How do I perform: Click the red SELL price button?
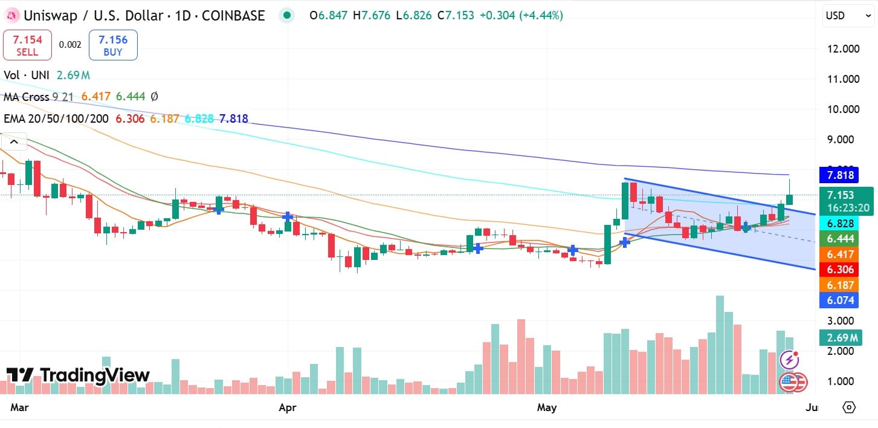pyautogui.click(x=27, y=45)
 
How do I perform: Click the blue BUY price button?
pyautogui.click(x=113, y=45)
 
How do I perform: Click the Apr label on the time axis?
pyautogui.click(x=288, y=408)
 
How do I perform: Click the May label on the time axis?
pyautogui.click(x=547, y=408)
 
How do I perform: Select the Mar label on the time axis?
pyautogui.click(x=20, y=408)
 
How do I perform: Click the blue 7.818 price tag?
pyautogui.click(x=841, y=175)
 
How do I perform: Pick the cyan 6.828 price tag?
pyautogui.click(x=841, y=223)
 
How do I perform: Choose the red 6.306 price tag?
pyautogui.click(x=841, y=270)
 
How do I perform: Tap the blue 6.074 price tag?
pyautogui.click(x=841, y=299)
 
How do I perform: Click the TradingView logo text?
pyautogui.click(x=78, y=375)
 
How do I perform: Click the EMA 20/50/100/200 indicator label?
pyautogui.click(x=56, y=119)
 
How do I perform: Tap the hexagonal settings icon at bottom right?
pyautogui.click(x=849, y=407)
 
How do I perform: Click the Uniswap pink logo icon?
pyautogui.click(x=10, y=16)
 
